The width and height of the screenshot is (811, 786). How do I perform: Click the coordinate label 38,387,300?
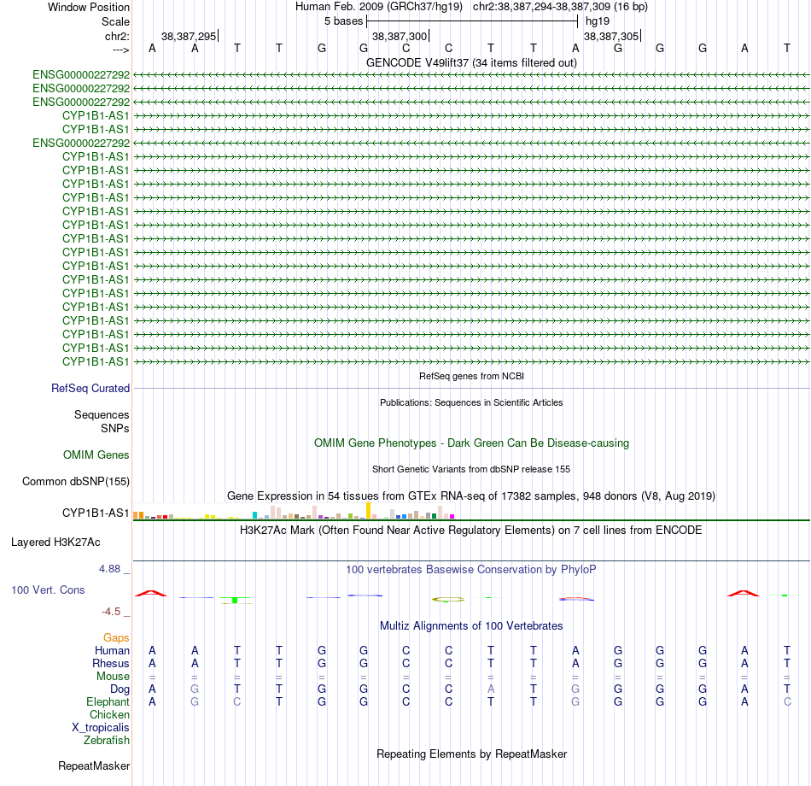[400, 36]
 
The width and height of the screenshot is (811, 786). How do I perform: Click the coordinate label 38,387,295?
[189, 36]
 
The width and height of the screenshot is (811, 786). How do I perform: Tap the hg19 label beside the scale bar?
[598, 21]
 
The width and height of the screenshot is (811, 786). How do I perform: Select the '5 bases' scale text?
[343, 21]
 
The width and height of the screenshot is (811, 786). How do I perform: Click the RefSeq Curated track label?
[90, 389]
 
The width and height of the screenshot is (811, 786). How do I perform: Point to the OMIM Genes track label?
[96, 455]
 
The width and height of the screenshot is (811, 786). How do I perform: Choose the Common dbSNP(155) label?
[76, 482]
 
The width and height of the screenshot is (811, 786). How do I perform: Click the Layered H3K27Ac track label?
[55, 543]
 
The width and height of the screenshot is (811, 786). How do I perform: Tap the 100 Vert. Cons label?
[48, 589]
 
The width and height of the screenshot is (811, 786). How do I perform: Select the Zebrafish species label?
[107, 741]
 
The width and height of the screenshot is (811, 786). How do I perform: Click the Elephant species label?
[108, 701]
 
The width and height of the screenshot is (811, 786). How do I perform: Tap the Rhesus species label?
[111, 663]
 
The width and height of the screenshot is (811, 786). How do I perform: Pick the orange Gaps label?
[116, 638]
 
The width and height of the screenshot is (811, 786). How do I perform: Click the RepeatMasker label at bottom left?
[94, 765]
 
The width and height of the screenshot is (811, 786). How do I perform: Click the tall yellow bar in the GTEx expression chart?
[368, 511]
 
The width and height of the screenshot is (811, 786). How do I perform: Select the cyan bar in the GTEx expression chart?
[254, 515]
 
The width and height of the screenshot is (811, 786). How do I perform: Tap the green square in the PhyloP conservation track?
[235, 600]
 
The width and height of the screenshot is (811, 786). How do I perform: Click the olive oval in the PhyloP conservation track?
[448, 600]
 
